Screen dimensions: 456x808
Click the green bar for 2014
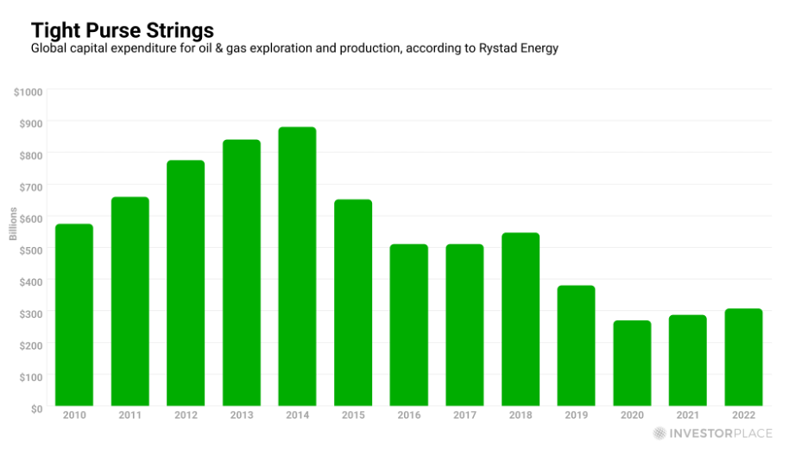(x=297, y=267)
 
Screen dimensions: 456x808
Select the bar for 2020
(x=632, y=364)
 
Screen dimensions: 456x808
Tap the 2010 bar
(x=74, y=315)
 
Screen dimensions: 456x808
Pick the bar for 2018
(x=521, y=320)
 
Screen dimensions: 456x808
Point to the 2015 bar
(x=353, y=303)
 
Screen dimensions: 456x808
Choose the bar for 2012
(x=186, y=283)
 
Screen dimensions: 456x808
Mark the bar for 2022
(x=743, y=358)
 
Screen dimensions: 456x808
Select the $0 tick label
(x=37, y=408)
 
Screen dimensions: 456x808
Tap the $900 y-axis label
(x=31, y=123)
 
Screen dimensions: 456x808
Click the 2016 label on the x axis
(x=409, y=415)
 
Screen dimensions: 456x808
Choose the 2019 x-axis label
(x=577, y=415)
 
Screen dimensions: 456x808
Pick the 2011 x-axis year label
(x=129, y=415)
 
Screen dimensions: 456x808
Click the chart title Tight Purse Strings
(x=123, y=31)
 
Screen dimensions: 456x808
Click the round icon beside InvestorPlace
(x=660, y=434)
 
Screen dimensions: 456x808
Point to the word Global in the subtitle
(x=49, y=49)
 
